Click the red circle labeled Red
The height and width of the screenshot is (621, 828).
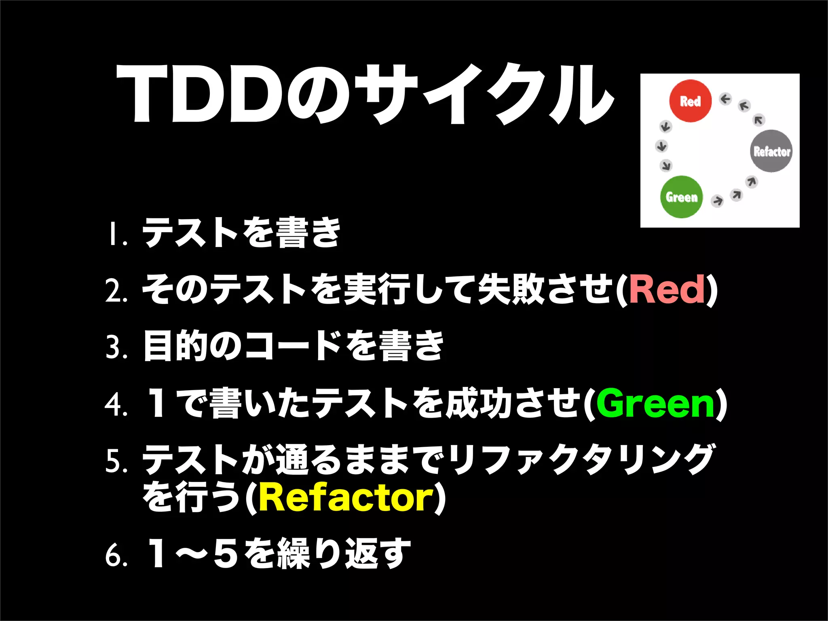690,101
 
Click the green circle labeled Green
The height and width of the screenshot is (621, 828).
682,197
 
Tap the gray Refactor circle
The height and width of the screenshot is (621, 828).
771,151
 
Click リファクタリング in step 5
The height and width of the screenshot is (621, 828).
582,460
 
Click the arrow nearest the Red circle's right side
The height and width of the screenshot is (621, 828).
725,99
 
